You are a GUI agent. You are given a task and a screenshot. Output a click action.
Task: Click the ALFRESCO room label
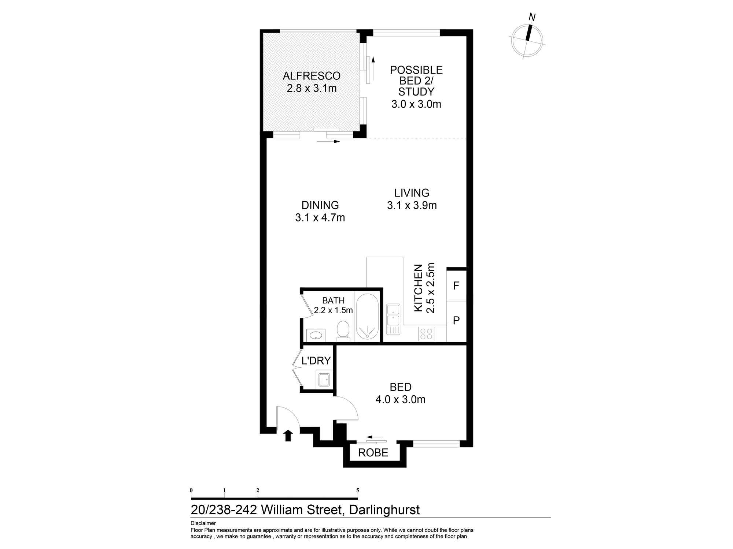pyautogui.click(x=312, y=76)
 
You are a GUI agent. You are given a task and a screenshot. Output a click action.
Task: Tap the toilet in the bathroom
pyautogui.click(x=343, y=330)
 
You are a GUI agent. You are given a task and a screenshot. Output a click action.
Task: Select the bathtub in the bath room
pyautogui.click(x=368, y=317)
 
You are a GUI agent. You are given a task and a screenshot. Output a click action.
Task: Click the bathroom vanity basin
pyautogui.click(x=315, y=335)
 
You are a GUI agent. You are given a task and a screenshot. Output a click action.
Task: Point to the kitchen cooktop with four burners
pyautogui.click(x=426, y=333)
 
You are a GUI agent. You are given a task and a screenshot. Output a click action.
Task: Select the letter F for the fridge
pyautogui.click(x=456, y=286)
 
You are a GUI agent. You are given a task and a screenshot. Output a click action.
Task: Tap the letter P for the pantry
pyautogui.click(x=456, y=321)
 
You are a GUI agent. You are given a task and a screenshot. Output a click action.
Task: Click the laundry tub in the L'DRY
pyautogui.click(x=324, y=380)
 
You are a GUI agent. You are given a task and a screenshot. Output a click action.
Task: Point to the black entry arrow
pyautogui.click(x=288, y=435)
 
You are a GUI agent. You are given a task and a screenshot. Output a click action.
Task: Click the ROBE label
pyautogui.click(x=373, y=453)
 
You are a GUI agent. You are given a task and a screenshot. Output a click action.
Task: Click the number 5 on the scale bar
pyautogui.click(x=358, y=490)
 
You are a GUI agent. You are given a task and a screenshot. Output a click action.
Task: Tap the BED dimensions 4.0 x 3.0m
pyautogui.click(x=400, y=399)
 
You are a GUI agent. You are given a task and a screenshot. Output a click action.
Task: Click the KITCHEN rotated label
pyautogui.click(x=419, y=288)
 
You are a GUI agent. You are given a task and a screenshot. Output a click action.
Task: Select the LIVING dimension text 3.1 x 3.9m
pyautogui.click(x=412, y=205)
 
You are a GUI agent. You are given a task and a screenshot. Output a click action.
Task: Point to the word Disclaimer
pyautogui.click(x=203, y=523)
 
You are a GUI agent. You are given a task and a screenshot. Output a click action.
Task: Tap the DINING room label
pyautogui.click(x=320, y=205)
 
